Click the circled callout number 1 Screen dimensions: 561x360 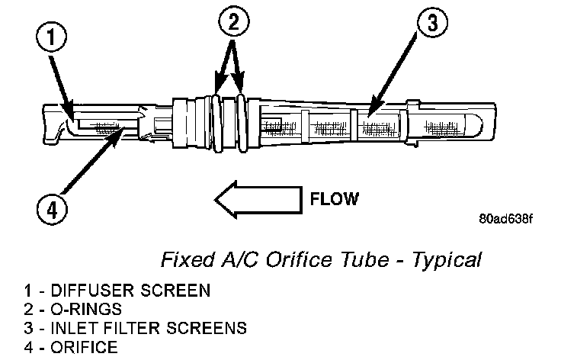tap(52, 37)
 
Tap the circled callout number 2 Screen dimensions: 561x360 tap(234, 21)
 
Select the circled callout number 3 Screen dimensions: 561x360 tap(432, 22)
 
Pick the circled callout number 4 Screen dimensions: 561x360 tap(52, 209)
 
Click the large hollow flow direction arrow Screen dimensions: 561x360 tap(258, 200)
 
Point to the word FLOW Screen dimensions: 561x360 tap(334, 199)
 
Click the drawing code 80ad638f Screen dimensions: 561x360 tap(505, 218)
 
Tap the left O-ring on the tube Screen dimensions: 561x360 tap(217, 123)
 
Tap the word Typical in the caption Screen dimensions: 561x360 tap(447, 260)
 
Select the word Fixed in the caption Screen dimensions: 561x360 tap(188, 259)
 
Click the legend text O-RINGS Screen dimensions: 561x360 tap(86, 309)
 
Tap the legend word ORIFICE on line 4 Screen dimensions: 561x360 tap(84, 347)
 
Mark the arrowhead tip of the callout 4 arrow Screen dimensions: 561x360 tap(124, 128)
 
